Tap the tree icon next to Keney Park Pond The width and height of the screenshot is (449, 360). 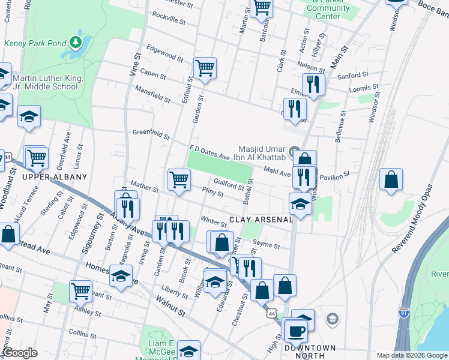[75, 41]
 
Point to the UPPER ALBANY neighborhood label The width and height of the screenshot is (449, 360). [55, 177]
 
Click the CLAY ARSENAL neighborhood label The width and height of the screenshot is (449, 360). [261, 220]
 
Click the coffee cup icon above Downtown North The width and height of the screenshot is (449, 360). [295, 331]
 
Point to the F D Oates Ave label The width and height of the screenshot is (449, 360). [209, 152]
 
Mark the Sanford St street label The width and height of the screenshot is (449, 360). [354, 75]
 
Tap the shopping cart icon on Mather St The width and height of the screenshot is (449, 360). [179, 179]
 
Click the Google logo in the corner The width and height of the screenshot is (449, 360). [20, 353]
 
